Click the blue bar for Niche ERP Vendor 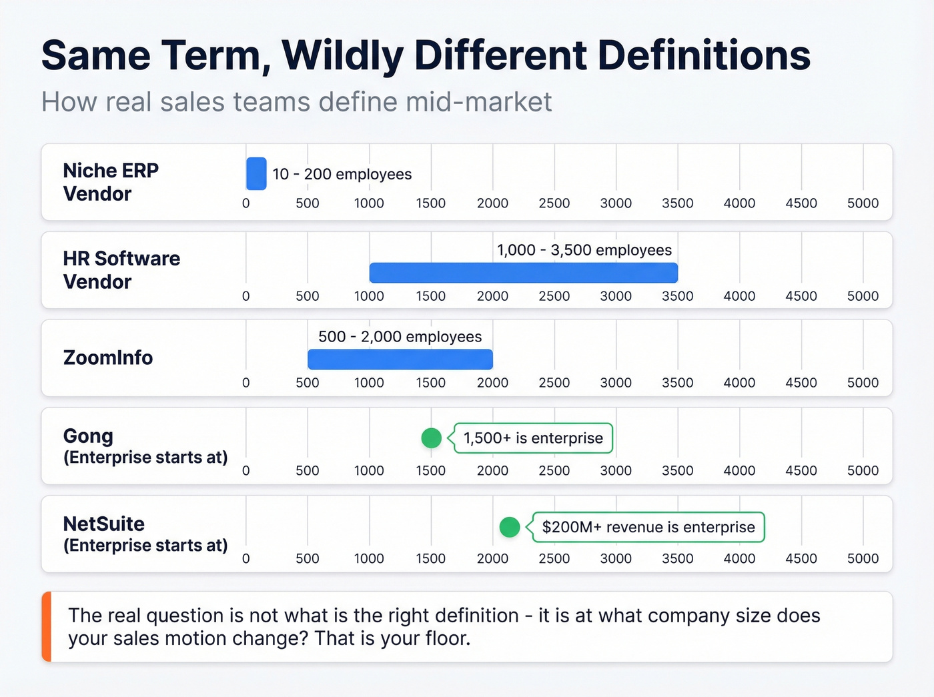[x=256, y=174]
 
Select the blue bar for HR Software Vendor [x=523, y=273]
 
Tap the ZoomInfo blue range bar [x=400, y=360]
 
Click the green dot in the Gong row [x=432, y=438]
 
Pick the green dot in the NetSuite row [x=510, y=527]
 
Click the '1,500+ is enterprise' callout [x=533, y=438]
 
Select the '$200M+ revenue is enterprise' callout [x=648, y=527]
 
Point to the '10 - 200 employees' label [x=342, y=174]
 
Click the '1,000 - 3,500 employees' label [x=584, y=250]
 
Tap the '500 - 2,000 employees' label [x=400, y=337]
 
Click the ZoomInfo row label [x=108, y=358]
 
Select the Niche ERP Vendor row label [x=111, y=182]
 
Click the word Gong [x=88, y=436]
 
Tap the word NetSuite [x=103, y=524]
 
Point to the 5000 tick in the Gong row [x=863, y=471]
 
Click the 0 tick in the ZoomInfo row [x=246, y=383]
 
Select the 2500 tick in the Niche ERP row [x=554, y=203]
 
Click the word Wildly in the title [x=343, y=56]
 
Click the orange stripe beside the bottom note [x=46, y=626]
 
